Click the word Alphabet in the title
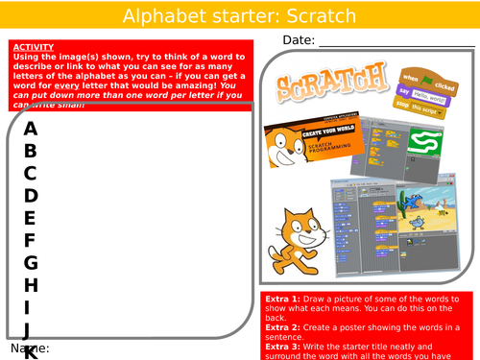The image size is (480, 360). (x=170, y=16)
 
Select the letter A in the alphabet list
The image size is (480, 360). (x=31, y=129)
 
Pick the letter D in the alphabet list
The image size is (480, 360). (x=31, y=196)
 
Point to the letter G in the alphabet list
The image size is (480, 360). (x=31, y=262)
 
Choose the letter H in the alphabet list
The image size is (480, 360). (x=31, y=285)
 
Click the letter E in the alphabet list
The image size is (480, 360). (x=31, y=218)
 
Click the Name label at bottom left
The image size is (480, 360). (x=30, y=348)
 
